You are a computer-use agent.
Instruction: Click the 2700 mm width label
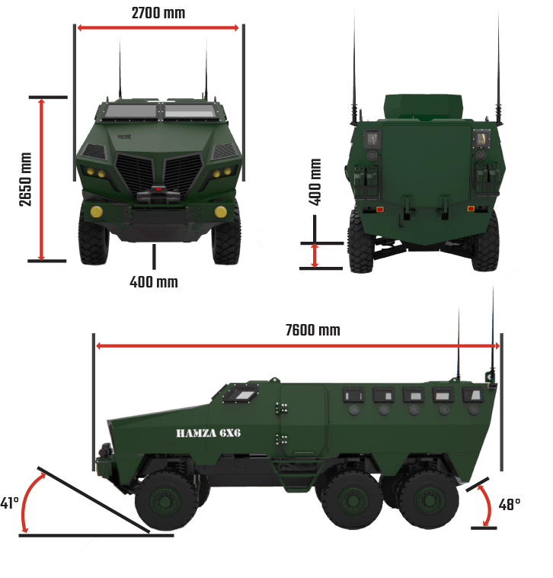coord(158,13)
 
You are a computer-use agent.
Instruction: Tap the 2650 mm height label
coord(26,179)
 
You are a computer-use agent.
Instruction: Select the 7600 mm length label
coord(312,330)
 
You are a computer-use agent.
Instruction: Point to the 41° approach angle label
coord(9,503)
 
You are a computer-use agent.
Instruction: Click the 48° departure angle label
coord(509,504)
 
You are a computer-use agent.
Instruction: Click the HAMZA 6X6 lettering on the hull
coord(209,433)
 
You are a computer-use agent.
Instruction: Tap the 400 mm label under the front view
coord(154,282)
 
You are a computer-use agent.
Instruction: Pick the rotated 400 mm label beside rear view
coord(315,181)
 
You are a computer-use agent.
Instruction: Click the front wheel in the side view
coord(166,500)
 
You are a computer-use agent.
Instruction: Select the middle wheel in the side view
coord(352,500)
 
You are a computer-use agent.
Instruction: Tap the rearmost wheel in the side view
coord(428,500)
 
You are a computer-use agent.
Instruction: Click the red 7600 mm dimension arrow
coord(298,345)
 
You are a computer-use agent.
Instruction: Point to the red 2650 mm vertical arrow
coord(42,179)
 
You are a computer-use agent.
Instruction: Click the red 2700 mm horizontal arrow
coord(158,27)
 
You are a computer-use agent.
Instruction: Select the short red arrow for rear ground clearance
coord(315,255)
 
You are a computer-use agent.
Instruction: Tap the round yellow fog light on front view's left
coord(97,211)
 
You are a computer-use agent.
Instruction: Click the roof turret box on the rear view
coord(423,107)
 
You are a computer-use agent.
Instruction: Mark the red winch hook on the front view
coord(158,189)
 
